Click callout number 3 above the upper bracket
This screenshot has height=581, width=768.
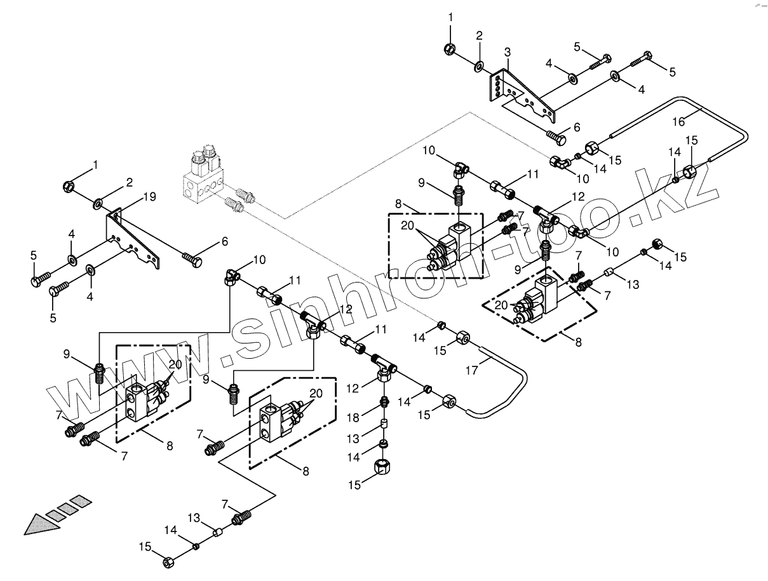pyautogui.click(x=507, y=51)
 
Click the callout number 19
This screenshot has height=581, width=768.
pyautogui.click(x=149, y=197)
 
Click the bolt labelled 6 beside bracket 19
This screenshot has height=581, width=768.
pyautogui.click(x=192, y=258)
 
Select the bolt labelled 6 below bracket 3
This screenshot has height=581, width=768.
pyautogui.click(x=554, y=135)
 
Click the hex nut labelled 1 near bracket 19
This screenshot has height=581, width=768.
pyautogui.click(x=69, y=187)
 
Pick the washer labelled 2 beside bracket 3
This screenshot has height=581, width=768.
pyautogui.click(x=479, y=65)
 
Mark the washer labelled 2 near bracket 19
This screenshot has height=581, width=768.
pyautogui.click(x=98, y=203)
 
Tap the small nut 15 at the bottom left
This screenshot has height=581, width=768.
pyautogui.click(x=169, y=562)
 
